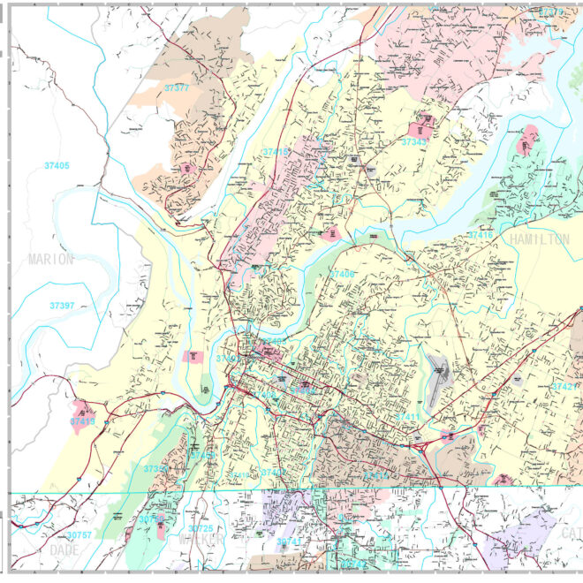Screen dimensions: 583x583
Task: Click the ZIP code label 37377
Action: point(177,87)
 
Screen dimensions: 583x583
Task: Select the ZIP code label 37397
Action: point(62,305)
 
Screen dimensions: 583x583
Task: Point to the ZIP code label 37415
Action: point(276,152)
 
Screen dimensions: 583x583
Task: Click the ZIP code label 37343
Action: point(415,141)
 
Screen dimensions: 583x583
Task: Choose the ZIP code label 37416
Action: point(481,235)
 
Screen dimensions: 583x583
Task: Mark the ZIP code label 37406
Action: point(342,275)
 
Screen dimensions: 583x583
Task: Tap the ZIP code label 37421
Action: point(564,387)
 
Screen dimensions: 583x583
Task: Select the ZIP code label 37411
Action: point(408,416)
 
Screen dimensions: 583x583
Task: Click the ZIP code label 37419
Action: point(82,422)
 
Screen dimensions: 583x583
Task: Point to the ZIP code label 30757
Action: point(79,535)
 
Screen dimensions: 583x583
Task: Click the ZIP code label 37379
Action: point(550,11)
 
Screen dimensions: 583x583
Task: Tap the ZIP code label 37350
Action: point(155,468)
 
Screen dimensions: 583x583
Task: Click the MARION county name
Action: point(50,259)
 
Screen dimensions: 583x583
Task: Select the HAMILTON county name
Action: point(539,239)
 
